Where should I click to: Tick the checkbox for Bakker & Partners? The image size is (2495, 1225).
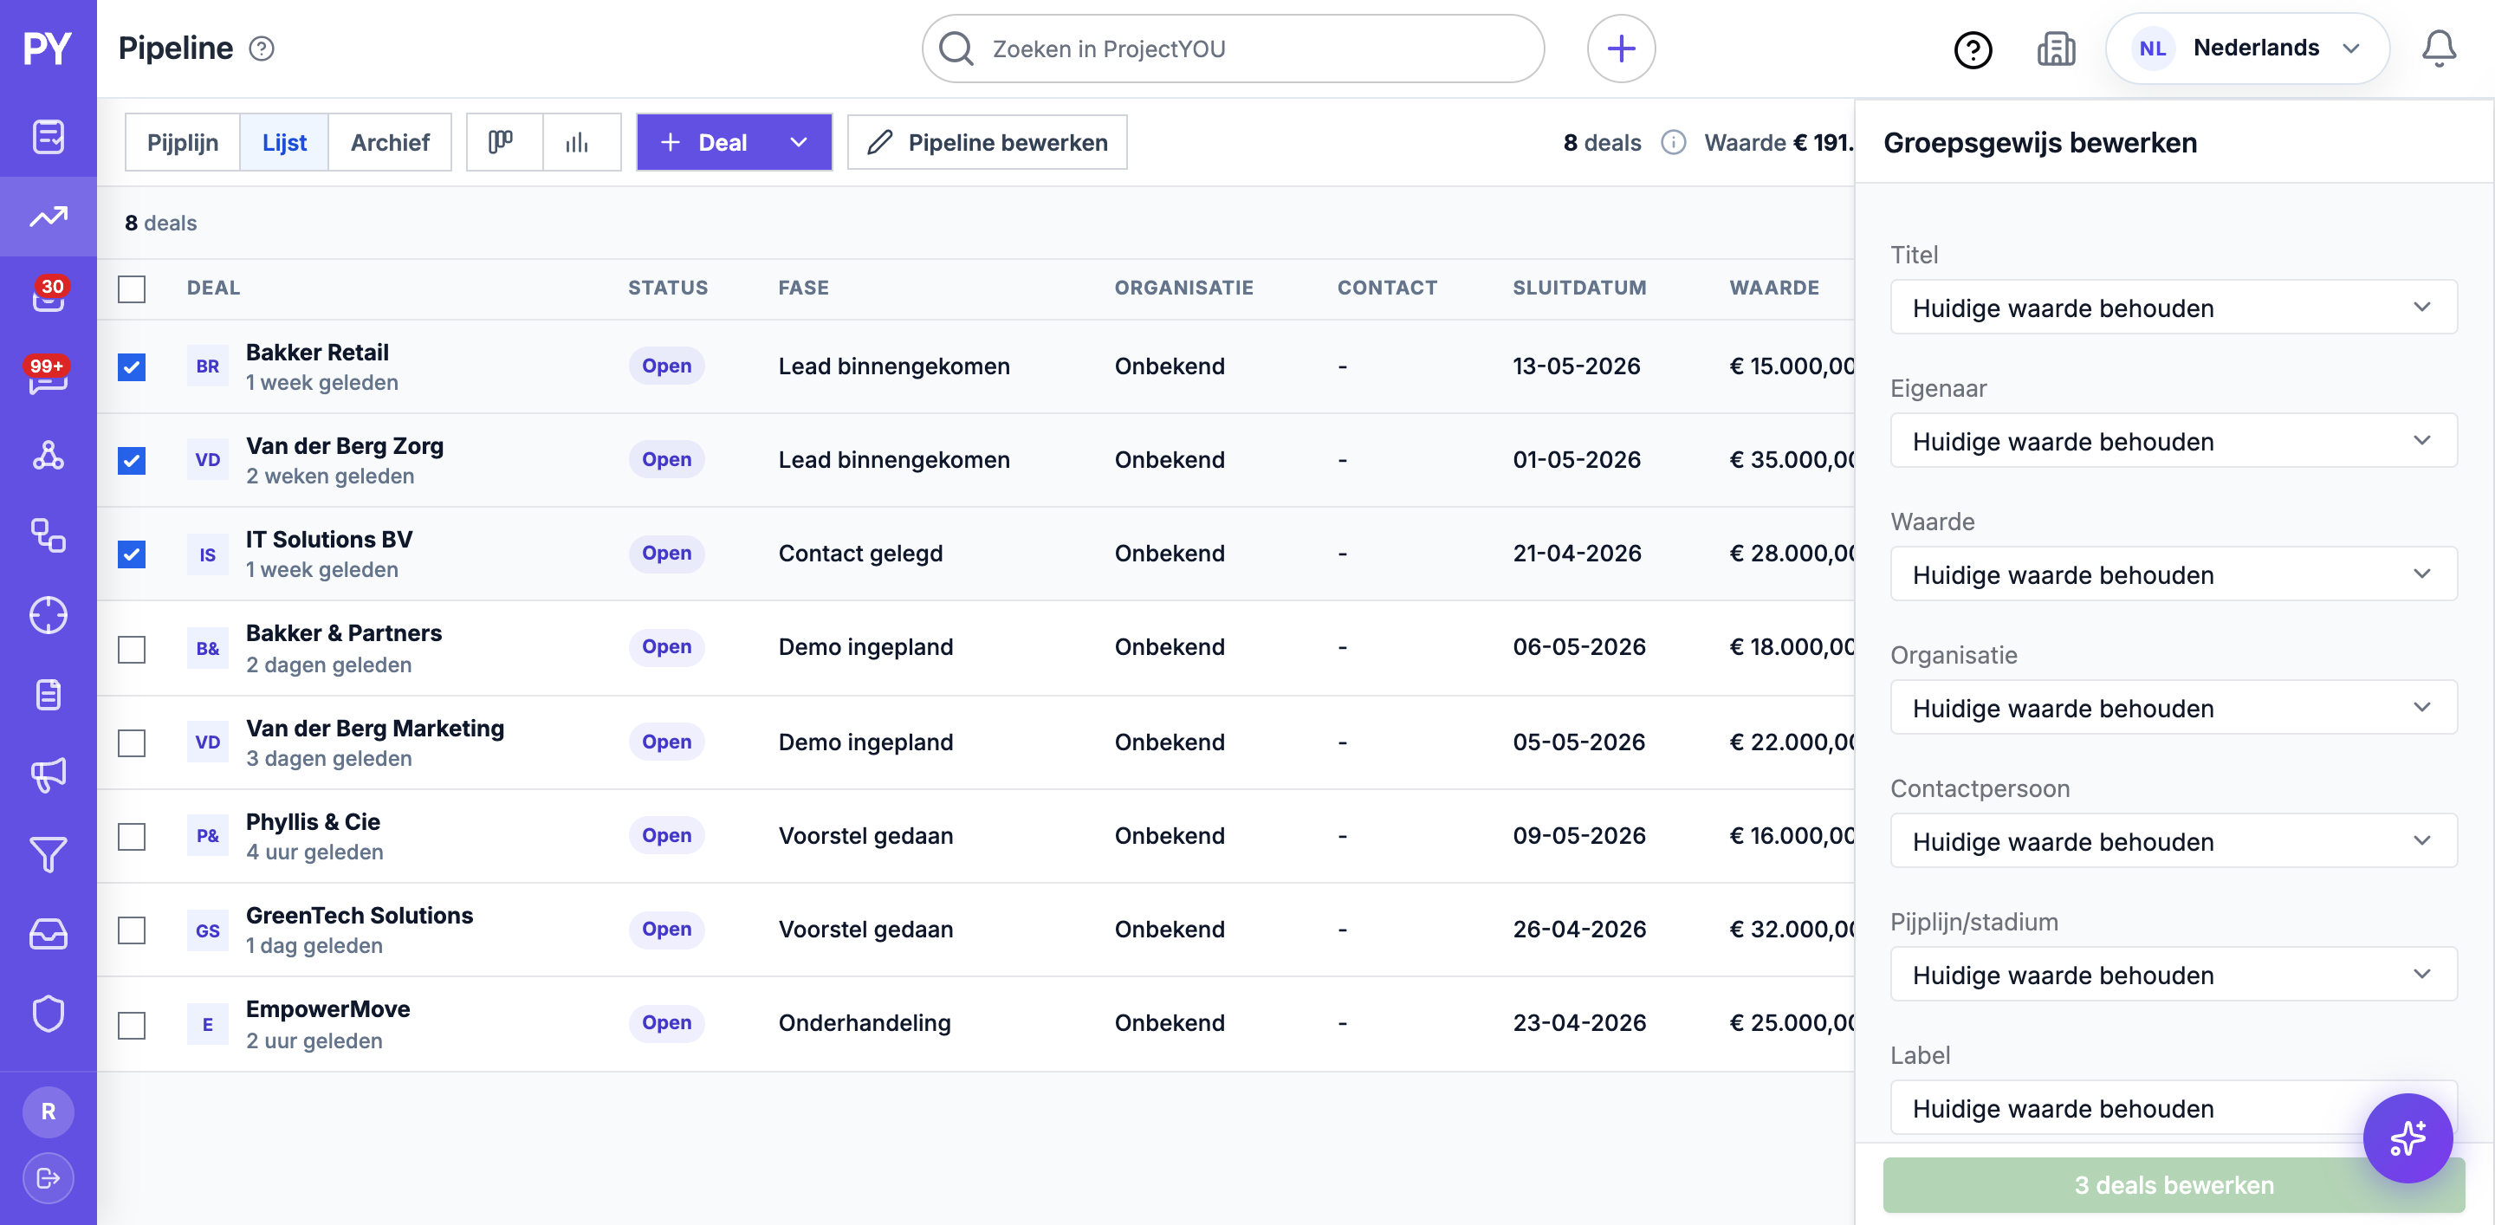coord(132,648)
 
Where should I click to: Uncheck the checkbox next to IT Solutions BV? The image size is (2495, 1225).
coord(132,554)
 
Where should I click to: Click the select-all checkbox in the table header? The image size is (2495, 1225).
coord(132,288)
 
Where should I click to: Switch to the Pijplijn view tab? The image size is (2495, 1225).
coord(182,142)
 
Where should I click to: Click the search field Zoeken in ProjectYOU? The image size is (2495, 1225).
coord(1232,49)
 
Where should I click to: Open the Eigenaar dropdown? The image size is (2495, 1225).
coord(2173,442)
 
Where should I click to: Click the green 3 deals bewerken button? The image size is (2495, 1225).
coord(2173,1184)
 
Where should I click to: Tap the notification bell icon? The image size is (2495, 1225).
coord(2438,49)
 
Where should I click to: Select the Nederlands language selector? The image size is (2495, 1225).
coord(2247,49)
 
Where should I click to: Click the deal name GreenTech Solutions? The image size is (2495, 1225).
coord(360,915)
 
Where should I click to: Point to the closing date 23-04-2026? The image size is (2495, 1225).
coord(1578,1022)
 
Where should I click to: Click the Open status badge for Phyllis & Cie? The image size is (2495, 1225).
coord(666,835)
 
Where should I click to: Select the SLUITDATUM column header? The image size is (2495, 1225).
coord(1578,288)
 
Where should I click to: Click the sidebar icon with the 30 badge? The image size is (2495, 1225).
coord(49,295)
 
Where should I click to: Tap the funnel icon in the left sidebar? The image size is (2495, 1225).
coord(49,854)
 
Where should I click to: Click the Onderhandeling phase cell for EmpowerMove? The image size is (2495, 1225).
coord(864,1022)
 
